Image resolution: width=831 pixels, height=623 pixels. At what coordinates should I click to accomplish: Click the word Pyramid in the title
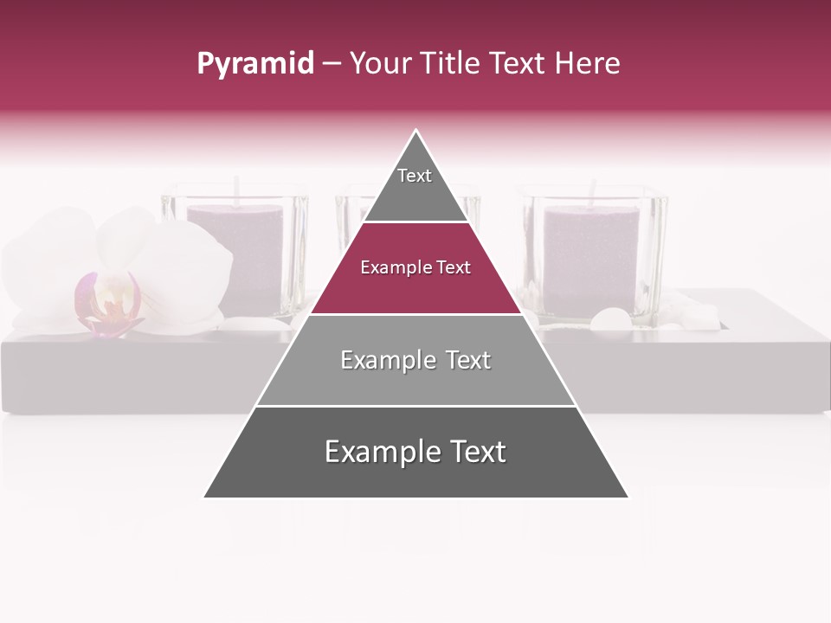coord(255,64)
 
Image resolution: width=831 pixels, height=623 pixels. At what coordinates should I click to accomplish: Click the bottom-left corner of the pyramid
coord(205,497)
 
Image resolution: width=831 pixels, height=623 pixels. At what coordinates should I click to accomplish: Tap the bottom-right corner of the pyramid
coord(627,497)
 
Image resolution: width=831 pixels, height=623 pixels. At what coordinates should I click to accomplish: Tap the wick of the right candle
coord(593,192)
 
